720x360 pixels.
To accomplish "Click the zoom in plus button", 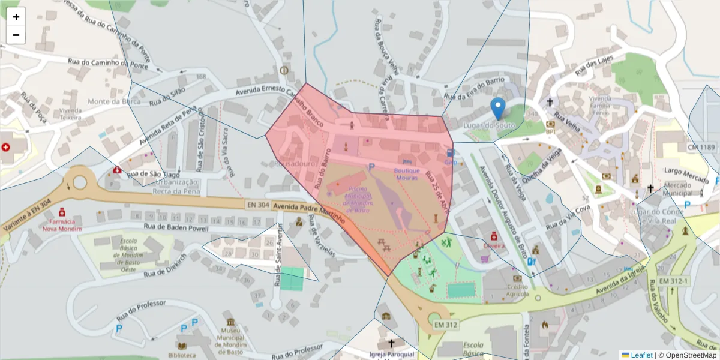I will coord(16,17).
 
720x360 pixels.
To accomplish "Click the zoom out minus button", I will coord(16,35).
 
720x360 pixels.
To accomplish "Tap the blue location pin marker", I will coord(497,109).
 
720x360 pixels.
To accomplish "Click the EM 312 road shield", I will coord(445,325).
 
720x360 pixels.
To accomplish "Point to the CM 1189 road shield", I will coord(700,147).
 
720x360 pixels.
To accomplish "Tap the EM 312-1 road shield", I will coord(673,281).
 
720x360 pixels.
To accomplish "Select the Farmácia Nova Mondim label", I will coord(62,225).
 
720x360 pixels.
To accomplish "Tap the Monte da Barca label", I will coord(110,101).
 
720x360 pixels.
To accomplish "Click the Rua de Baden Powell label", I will coord(176,228).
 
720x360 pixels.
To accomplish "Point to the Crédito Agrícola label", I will coord(517,290).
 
